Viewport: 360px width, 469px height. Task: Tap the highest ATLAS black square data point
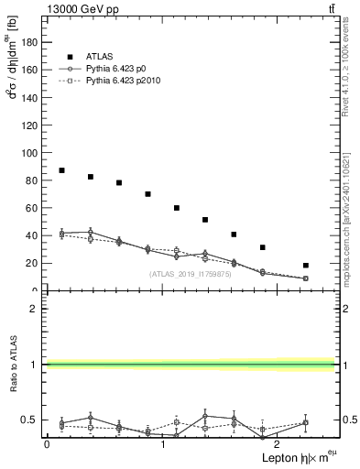click(x=61, y=170)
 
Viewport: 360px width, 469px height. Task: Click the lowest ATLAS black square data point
click(x=306, y=266)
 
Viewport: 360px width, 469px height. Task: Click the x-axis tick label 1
click(x=163, y=444)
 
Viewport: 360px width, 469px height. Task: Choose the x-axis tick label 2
click(x=279, y=444)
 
